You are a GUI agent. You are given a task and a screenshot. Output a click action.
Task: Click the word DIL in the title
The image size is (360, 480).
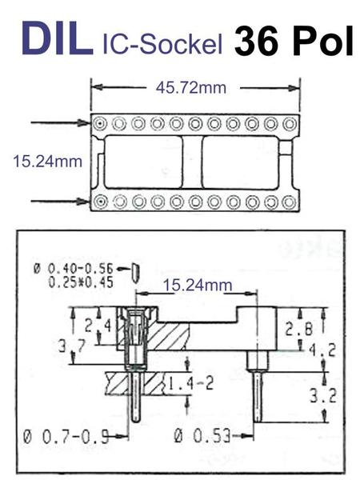(x=58, y=38)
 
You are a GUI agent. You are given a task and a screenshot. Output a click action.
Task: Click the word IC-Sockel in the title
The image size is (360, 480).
(x=162, y=44)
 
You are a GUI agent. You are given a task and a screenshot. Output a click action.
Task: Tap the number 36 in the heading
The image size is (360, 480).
(x=258, y=41)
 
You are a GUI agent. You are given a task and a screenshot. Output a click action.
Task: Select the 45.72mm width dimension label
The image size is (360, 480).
(x=191, y=88)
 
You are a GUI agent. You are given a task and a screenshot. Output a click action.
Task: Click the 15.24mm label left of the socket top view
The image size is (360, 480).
(x=47, y=161)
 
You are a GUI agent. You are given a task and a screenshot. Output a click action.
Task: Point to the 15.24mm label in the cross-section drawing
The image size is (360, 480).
(x=198, y=285)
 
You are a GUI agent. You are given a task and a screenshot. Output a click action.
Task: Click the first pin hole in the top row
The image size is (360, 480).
(x=100, y=124)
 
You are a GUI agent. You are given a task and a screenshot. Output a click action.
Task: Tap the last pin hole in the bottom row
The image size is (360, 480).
(x=289, y=202)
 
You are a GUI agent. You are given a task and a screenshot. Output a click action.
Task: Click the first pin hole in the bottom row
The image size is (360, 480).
(x=100, y=202)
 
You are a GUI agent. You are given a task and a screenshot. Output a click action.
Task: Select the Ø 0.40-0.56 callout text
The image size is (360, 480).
(x=74, y=269)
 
